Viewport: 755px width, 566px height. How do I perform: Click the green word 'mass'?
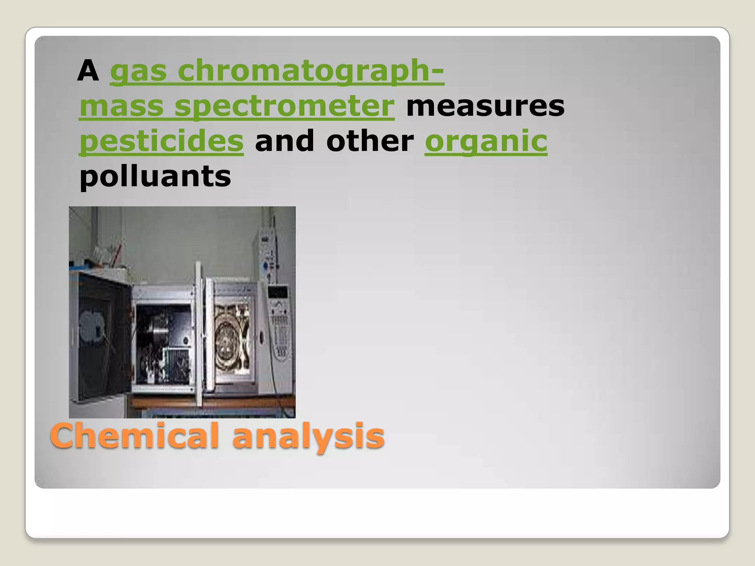click(121, 106)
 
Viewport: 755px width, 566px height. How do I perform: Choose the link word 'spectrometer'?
click(284, 106)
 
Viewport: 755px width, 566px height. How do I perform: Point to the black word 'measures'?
click(485, 106)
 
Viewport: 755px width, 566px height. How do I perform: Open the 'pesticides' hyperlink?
click(161, 141)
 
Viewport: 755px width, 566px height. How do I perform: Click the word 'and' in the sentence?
click(285, 141)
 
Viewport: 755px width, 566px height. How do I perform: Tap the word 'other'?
click(370, 141)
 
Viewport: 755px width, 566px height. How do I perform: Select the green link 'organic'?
click(486, 141)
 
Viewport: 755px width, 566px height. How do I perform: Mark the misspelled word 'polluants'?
click(155, 176)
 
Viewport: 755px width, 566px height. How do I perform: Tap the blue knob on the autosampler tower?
click(265, 266)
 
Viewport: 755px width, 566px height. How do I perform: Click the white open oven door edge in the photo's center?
click(199, 332)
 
